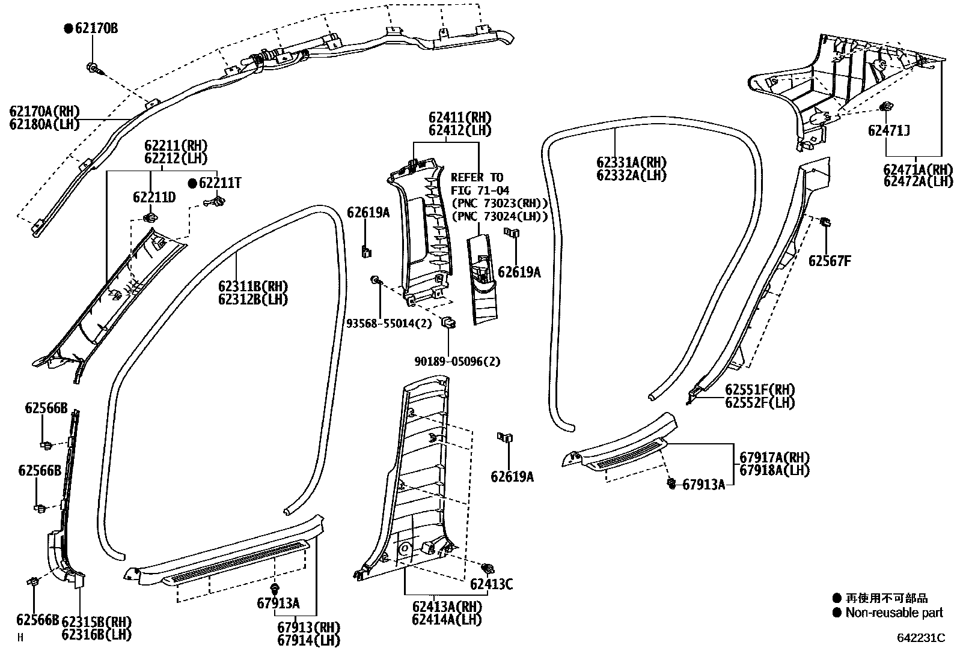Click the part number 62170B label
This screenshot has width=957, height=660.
96,28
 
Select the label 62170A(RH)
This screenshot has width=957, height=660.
44,112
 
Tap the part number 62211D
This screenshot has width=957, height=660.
154,197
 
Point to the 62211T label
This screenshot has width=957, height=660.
220,183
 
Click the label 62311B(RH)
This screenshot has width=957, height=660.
253,286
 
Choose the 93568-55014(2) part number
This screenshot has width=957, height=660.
389,324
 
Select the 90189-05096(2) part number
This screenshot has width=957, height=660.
458,362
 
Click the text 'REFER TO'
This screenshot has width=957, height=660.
477,178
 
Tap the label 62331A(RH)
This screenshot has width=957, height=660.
631,162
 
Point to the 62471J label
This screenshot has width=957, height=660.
888,130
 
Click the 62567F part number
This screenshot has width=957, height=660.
830,261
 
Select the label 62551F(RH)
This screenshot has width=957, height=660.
760,389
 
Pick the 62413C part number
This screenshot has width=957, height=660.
492,584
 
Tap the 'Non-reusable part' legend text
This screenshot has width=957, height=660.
894,613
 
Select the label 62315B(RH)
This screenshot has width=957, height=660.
96,621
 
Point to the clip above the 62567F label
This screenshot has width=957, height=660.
825,223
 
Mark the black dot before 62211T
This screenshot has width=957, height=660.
193,183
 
